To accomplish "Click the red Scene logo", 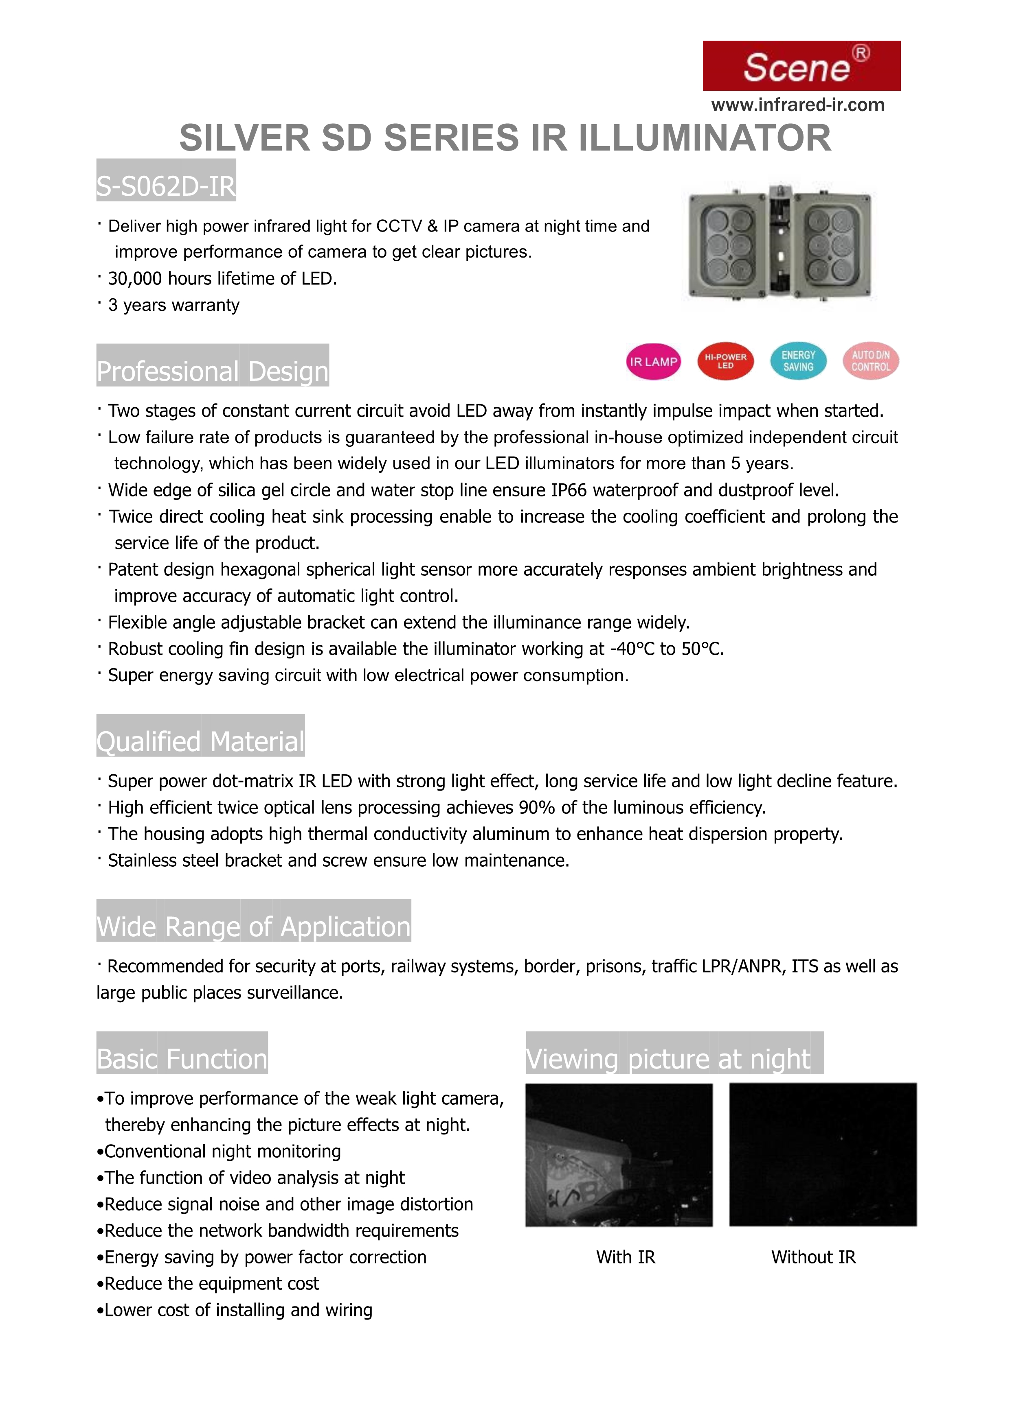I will [x=801, y=66].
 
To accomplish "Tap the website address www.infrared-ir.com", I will [x=797, y=105].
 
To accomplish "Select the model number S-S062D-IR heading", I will [x=166, y=186].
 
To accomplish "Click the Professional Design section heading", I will [x=212, y=371].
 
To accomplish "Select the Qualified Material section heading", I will [x=200, y=741].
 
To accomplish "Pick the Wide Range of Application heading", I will [x=253, y=926].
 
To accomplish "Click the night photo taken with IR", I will [x=619, y=1155].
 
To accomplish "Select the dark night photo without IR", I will [x=823, y=1155].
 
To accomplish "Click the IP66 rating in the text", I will [x=569, y=490].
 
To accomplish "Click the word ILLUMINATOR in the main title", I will [x=705, y=138].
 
